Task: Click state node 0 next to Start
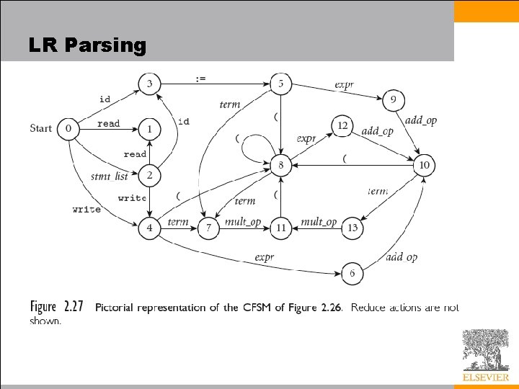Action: pos(68,129)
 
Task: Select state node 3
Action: pos(149,84)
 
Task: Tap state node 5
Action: pos(280,84)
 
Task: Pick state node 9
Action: pos(393,100)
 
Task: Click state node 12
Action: pos(342,126)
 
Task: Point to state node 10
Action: pos(424,166)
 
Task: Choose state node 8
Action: pos(280,166)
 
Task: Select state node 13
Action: pos(352,228)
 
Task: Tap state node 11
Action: pos(280,228)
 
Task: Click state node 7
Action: pos(209,228)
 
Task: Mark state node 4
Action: pos(149,228)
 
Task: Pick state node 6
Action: pos(352,274)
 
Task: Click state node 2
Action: pos(149,175)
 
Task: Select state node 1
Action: pos(149,129)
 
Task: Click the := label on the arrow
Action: pos(200,78)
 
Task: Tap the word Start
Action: pos(41,129)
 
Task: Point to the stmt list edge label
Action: pos(110,176)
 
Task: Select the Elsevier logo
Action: pos(485,355)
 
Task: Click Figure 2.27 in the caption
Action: pos(57,307)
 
